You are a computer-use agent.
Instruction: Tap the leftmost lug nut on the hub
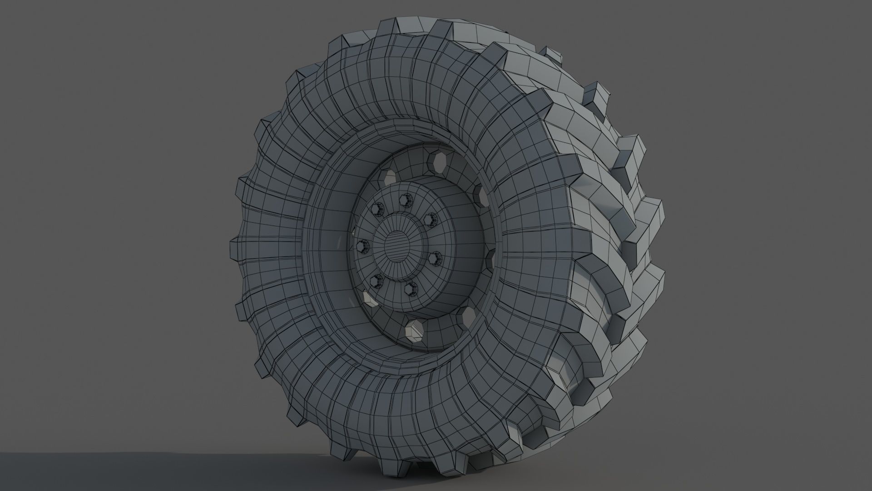coord(362,247)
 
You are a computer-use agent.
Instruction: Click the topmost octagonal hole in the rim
coord(437,162)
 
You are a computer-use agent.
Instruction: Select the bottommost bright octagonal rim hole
coord(414,329)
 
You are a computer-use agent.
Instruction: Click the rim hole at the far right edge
coord(490,259)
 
